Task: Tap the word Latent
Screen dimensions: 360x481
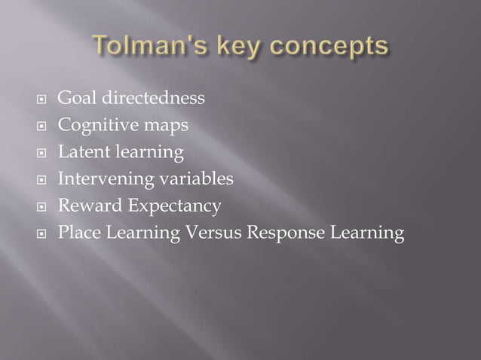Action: [82, 152]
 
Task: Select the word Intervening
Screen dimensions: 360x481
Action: [103, 180]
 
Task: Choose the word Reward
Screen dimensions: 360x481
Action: [90, 206]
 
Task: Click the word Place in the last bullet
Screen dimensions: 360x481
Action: [79, 233]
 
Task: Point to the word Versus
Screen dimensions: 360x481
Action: [213, 233]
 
